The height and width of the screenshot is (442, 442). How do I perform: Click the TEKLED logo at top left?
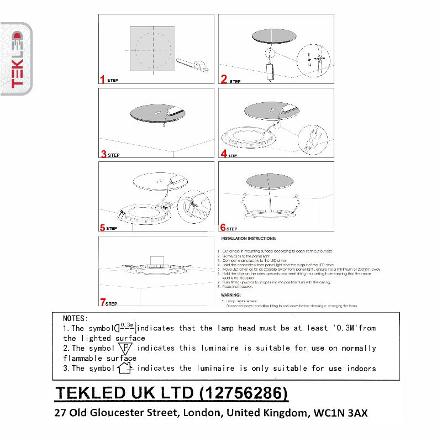[17, 59]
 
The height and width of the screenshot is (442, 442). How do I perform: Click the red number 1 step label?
[102, 80]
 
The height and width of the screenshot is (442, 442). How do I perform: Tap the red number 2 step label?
[224, 80]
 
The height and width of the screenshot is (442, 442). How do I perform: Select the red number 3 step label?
[103, 154]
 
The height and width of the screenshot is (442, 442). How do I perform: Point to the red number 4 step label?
[224, 154]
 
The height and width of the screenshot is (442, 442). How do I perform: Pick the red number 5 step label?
[103, 227]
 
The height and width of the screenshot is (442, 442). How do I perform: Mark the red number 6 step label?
[223, 227]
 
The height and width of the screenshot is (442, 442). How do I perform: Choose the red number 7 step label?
[103, 302]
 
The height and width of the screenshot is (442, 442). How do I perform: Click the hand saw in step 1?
[193, 65]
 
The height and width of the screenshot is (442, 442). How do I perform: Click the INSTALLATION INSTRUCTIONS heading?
[248, 239]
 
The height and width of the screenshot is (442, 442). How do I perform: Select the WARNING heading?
[231, 295]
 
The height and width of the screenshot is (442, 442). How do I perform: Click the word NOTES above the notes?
[75, 318]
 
